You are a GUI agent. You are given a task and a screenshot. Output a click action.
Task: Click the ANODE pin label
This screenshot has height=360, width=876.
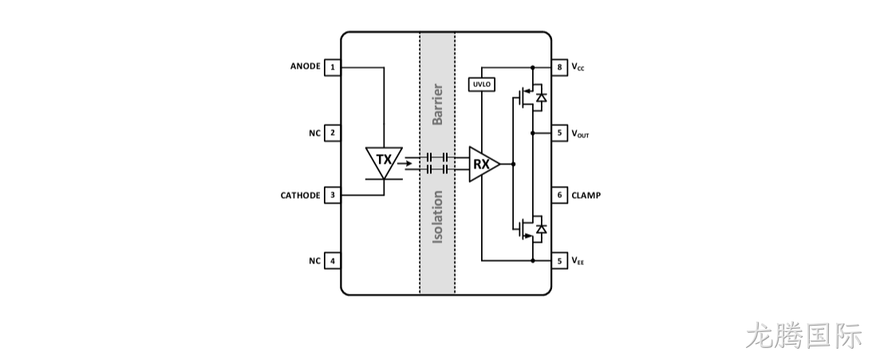pos(305,66)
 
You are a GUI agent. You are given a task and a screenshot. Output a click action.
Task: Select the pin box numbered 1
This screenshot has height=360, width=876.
pos(333,68)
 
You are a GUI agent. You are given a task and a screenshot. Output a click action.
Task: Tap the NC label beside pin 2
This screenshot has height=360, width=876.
pos(314,133)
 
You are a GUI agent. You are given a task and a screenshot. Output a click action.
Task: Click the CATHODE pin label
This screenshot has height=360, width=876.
pos(301,196)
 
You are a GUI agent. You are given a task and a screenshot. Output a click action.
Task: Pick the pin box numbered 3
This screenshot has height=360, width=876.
pos(333,196)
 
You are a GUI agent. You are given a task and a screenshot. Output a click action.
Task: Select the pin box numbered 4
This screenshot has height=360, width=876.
pos(333,261)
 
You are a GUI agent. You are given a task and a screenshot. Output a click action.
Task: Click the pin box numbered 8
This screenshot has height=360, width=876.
pos(559,68)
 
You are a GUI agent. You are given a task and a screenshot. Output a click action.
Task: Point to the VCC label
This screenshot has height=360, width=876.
pos(578,67)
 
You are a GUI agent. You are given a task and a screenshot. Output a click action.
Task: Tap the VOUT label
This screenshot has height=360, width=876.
pos(580,133)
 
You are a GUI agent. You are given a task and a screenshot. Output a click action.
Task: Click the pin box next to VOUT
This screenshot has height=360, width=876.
pos(559,133)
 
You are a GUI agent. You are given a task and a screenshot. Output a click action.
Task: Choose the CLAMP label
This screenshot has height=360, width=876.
pos(586,196)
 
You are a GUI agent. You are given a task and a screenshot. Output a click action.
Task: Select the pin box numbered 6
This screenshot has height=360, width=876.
pos(559,196)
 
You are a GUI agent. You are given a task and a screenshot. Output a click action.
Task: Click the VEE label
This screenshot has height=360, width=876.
pos(578,261)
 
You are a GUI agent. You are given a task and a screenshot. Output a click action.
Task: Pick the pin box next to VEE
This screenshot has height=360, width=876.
pos(559,261)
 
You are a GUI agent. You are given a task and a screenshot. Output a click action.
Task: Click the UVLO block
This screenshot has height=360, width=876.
pos(482,85)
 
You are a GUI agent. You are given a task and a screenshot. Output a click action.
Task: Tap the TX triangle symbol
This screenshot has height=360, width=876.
pos(384,160)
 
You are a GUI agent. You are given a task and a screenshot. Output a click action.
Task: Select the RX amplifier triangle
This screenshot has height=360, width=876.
pos(483,164)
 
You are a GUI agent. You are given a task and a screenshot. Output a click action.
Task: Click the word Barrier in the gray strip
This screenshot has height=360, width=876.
pos(437,105)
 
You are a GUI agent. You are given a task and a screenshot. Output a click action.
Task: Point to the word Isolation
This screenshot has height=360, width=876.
pos(437,217)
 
